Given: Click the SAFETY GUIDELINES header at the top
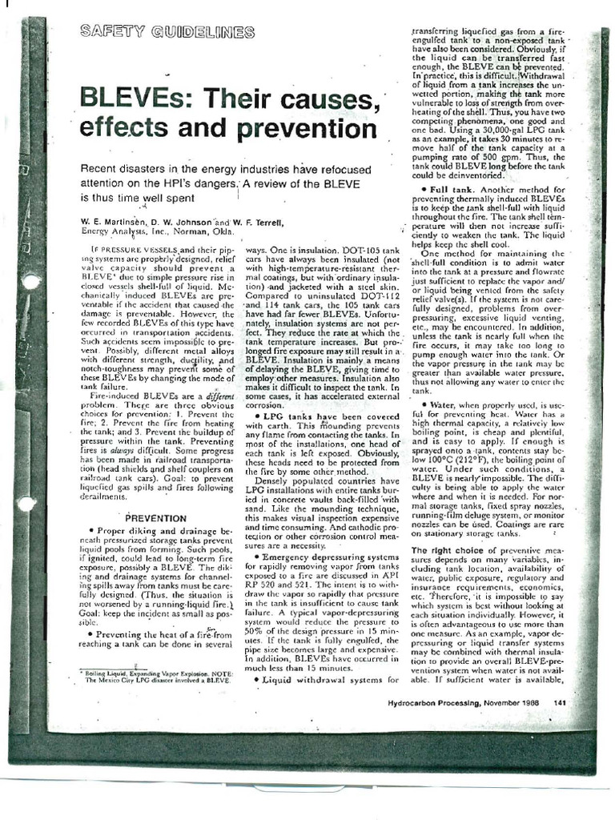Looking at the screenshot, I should (167, 33).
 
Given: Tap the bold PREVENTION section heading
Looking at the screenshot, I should (156, 518).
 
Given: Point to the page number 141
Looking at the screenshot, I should (560, 702).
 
